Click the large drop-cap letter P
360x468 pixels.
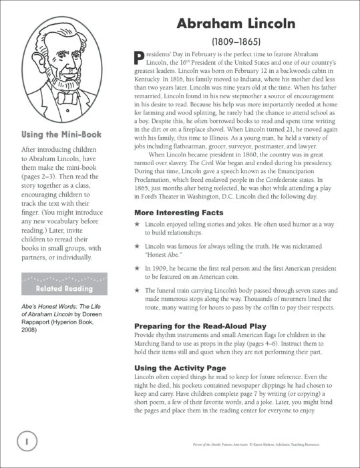pyautogui.click(x=140, y=59)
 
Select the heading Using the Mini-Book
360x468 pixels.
pyautogui.click(x=61, y=134)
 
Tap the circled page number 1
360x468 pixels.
pyautogui.click(x=25, y=441)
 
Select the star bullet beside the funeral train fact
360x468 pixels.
pyautogui.click(x=138, y=291)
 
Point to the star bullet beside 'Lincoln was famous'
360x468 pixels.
pyautogui.click(x=138, y=246)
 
